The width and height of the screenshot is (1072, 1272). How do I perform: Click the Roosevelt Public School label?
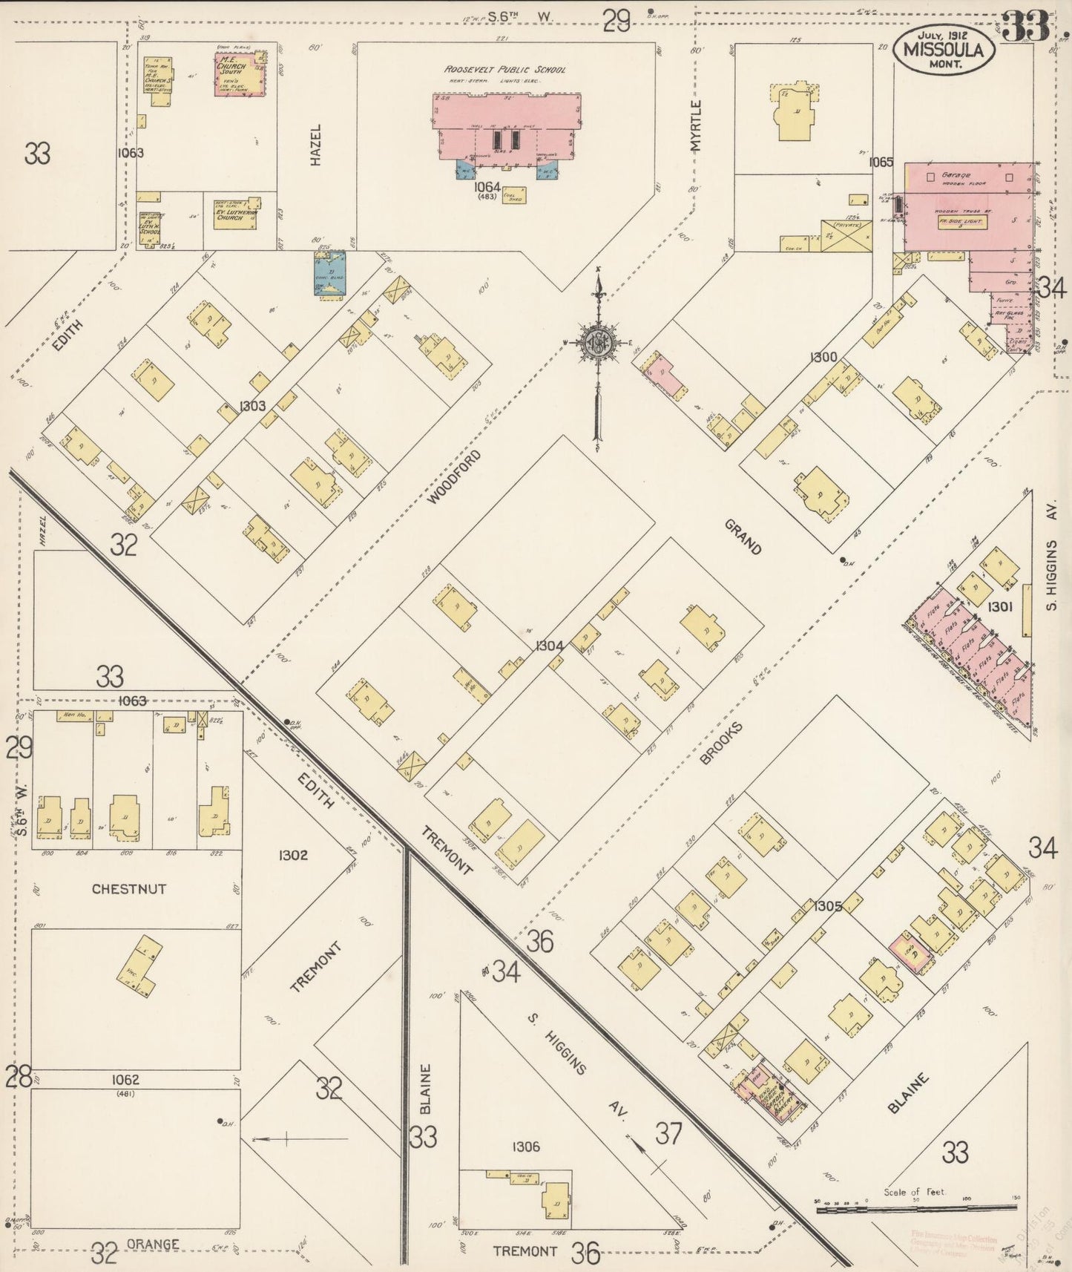(505, 69)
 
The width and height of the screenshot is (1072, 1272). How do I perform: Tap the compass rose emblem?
(596, 344)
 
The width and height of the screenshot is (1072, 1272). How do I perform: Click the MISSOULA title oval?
(944, 50)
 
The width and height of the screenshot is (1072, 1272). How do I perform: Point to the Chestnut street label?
(129, 888)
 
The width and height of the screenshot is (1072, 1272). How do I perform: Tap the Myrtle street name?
(695, 127)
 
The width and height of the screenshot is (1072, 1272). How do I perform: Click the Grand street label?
(743, 537)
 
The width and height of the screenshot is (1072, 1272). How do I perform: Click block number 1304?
(550, 646)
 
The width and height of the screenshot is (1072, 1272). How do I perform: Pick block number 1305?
(826, 906)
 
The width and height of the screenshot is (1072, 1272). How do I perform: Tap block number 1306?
(525, 1147)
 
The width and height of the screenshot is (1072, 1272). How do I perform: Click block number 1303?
(252, 406)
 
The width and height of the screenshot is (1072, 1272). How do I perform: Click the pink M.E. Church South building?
(240, 73)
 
